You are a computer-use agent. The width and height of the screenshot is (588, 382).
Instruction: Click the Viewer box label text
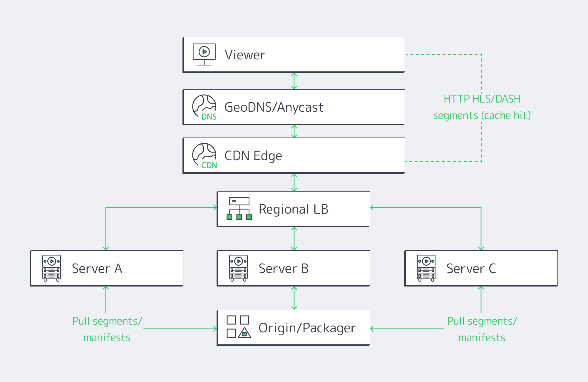pos(245,55)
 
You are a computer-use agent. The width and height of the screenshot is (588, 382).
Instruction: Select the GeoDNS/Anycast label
pos(274,107)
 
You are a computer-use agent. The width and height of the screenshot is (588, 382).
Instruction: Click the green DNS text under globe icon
pos(209,117)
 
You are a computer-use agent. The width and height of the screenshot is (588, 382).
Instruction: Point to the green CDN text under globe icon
pos(209,165)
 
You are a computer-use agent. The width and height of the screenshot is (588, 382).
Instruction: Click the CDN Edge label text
pos(253,156)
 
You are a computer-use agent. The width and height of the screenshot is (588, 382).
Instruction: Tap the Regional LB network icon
pos(239,209)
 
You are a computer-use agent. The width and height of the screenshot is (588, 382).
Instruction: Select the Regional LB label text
pos(293,209)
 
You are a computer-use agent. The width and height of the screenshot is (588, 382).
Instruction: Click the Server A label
pos(97,269)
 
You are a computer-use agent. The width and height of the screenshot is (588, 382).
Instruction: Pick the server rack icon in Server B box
pos(238,268)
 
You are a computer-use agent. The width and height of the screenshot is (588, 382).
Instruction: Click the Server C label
pos(471,269)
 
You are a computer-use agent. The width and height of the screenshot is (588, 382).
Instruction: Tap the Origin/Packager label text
pos(307,328)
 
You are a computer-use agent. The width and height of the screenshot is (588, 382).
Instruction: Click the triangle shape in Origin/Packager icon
pos(244,333)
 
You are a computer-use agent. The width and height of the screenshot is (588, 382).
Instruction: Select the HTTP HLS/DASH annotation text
pos(482,99)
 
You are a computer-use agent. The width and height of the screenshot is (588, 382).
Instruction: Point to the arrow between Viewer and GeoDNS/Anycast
pos(294,81)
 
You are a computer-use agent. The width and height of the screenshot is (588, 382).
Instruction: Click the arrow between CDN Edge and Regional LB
pos(294,182)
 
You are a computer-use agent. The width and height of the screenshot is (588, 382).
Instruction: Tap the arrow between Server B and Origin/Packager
pos(294,298)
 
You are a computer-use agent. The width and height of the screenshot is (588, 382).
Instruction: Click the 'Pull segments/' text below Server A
pos(107,321)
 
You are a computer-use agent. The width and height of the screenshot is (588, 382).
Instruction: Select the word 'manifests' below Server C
pos(482,338)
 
